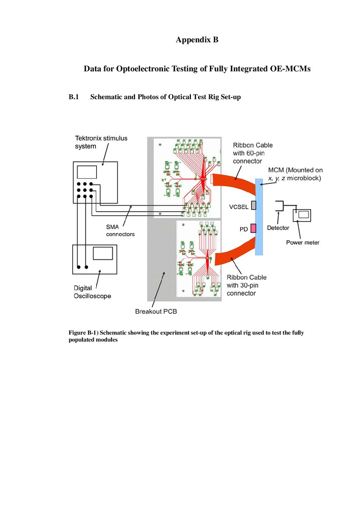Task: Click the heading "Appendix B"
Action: tap(197, 40)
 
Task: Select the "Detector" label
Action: tap(278, 228)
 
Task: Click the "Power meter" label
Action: tap(303, 243)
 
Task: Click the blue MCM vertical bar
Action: tap(260, 216)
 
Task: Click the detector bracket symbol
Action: tap(280, 206)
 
